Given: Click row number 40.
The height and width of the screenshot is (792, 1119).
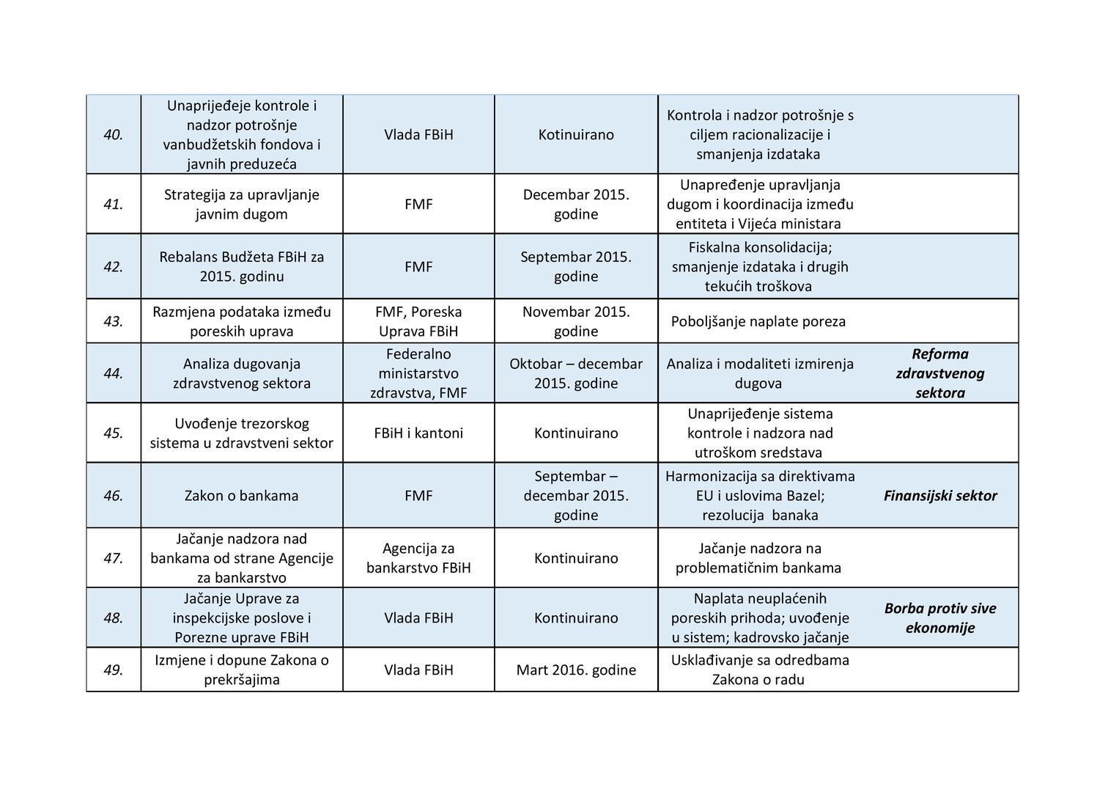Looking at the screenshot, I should (113, 135).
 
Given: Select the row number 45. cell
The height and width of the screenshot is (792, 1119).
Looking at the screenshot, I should (113, 433).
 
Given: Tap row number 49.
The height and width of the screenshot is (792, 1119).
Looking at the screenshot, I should (113, 670).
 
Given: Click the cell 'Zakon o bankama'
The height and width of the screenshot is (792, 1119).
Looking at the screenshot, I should (241, 496).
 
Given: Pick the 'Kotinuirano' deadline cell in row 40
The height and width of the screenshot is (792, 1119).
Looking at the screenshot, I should (576, 135).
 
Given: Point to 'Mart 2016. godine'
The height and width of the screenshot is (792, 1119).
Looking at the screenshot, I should (576, 670).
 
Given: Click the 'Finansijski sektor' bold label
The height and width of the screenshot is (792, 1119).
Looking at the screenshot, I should (940, 496).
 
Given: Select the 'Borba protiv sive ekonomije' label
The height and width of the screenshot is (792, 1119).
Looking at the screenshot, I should (940, 618).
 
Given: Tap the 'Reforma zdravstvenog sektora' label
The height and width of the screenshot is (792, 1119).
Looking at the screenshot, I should (940, 373).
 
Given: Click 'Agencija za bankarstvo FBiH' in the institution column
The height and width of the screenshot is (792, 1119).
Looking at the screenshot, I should (418, 558).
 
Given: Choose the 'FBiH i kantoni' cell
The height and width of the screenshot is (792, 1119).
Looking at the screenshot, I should (418, 433).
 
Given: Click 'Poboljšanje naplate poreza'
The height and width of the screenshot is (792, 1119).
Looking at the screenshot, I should (758, 322).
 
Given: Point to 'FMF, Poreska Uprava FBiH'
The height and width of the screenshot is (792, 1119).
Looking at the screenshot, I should (418, 322).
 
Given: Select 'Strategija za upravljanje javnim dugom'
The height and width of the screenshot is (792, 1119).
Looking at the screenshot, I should (241, 205).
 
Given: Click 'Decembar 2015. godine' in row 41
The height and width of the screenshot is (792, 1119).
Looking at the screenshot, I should (576, 205).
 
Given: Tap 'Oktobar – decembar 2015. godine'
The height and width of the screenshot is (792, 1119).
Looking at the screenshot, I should (576, 373).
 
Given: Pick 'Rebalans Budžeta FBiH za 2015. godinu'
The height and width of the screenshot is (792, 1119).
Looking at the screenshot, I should (241, 267).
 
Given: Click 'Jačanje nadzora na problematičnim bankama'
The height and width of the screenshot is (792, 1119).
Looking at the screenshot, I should (758, 558).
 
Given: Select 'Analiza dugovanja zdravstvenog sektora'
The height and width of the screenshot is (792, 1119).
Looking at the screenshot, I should (241, 373).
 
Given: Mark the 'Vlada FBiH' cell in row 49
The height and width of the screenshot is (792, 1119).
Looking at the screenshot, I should (418, 670).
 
